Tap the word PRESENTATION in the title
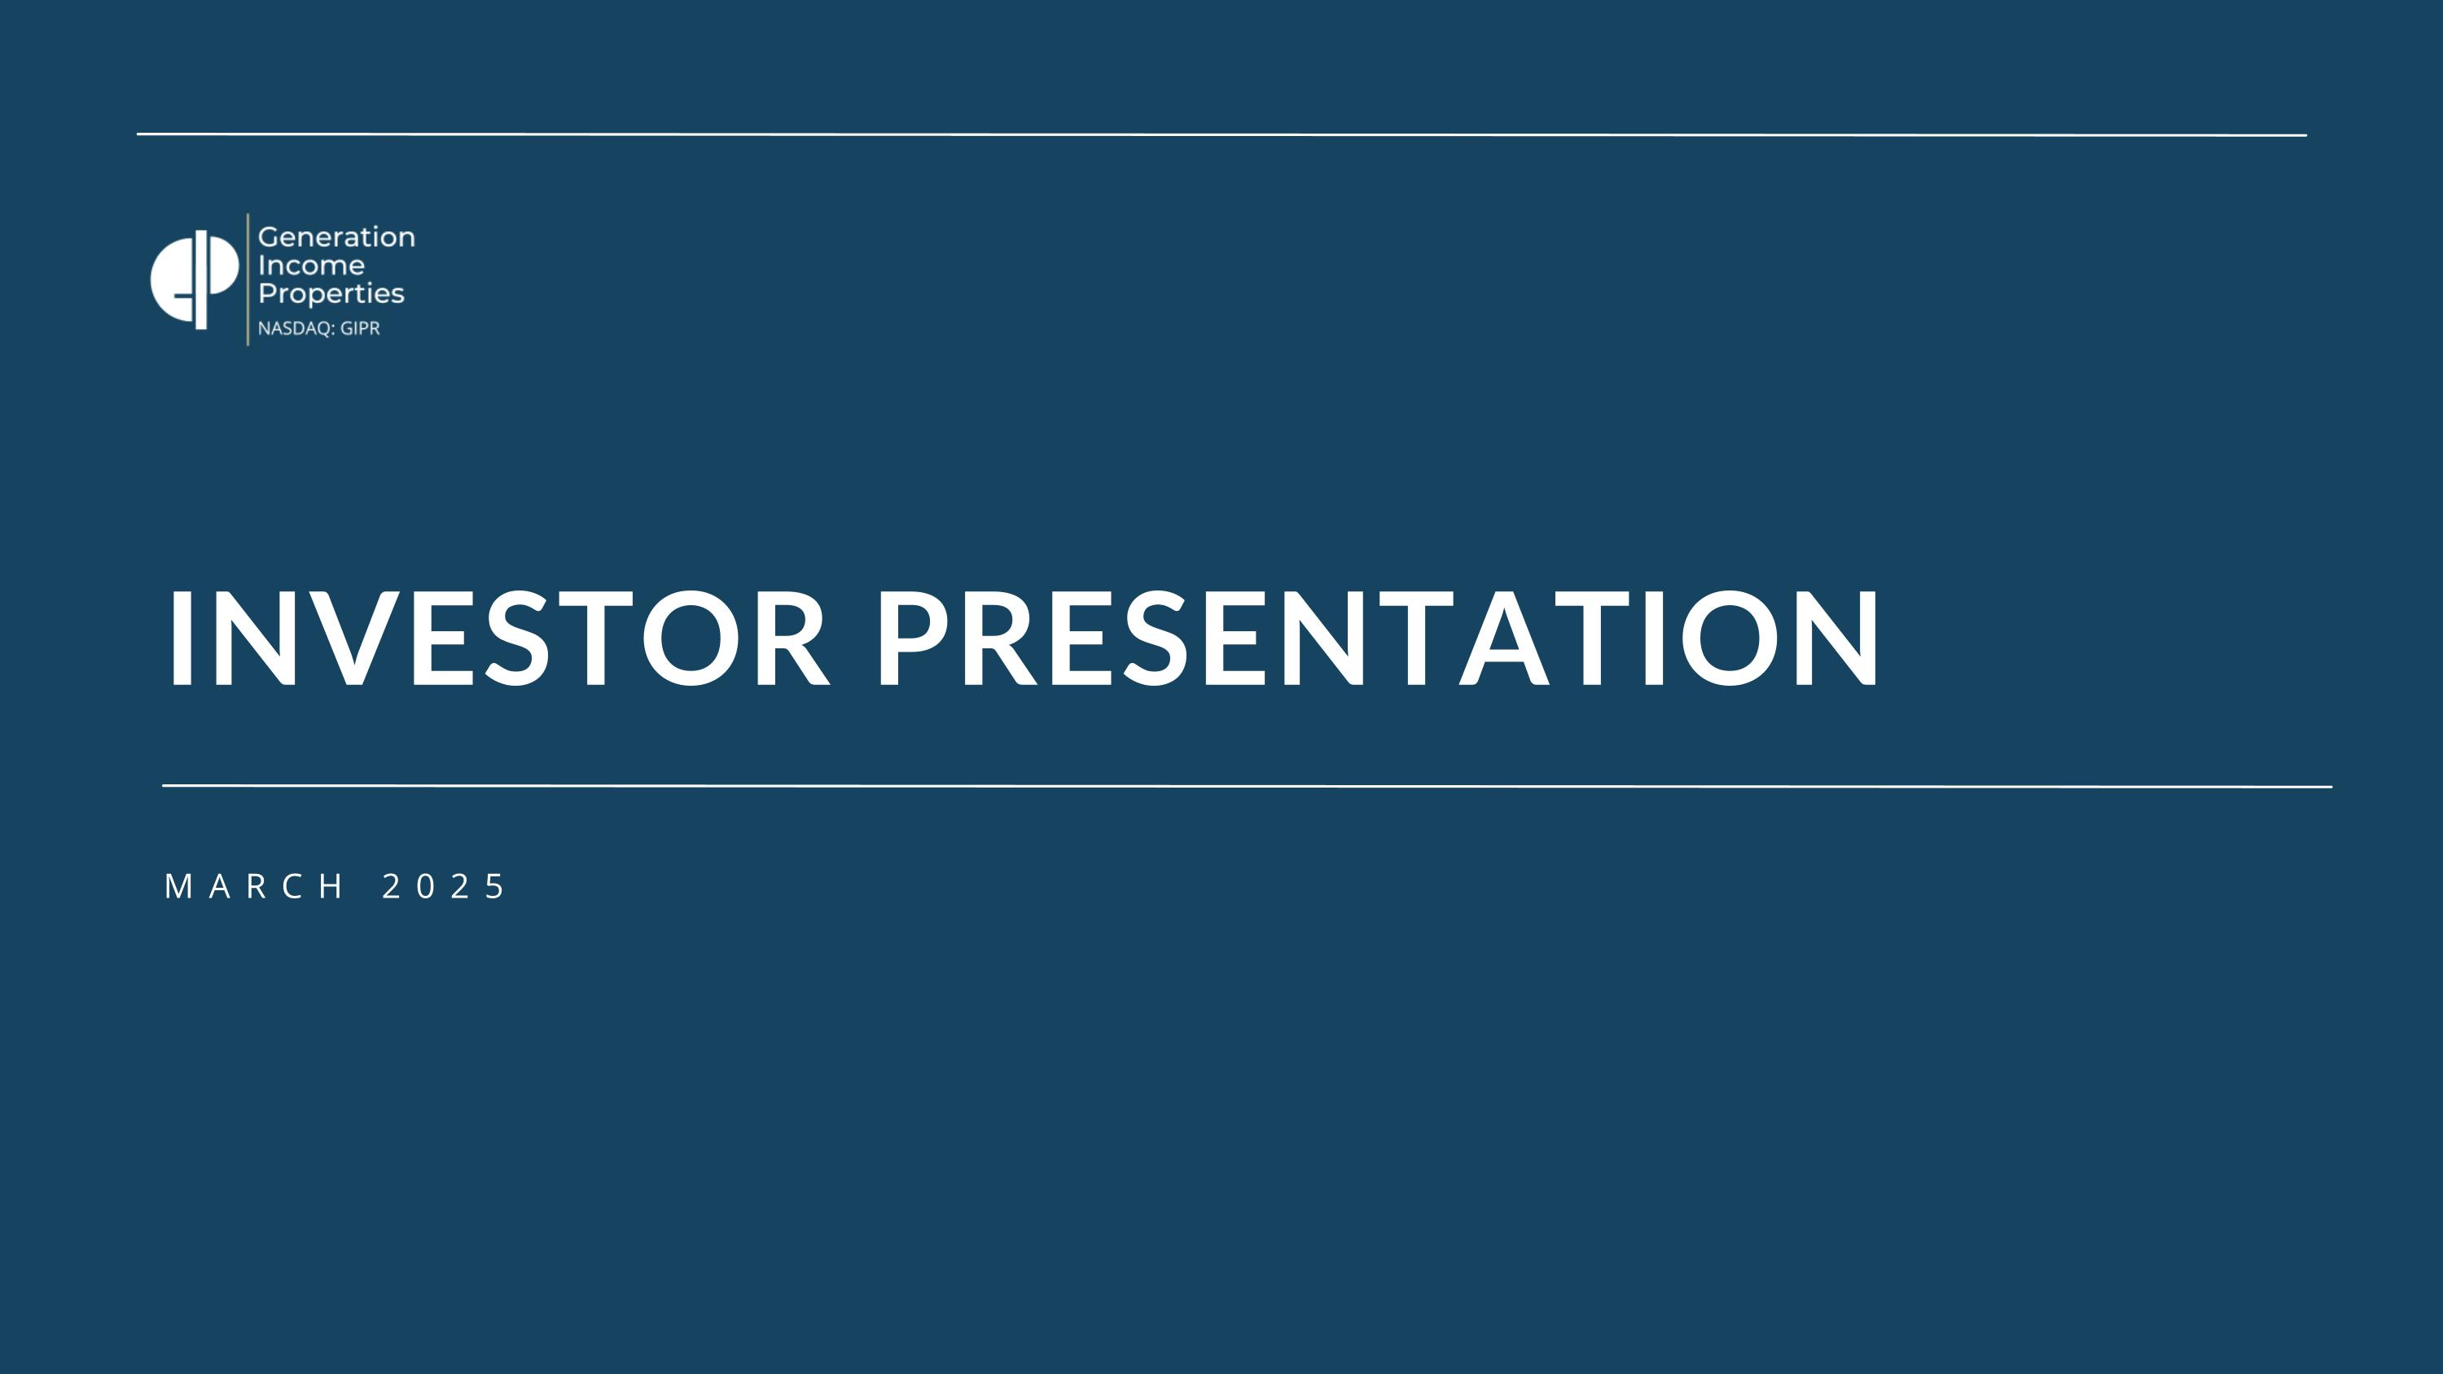pyautogui.click(x=1377, y=637)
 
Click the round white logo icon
pyautogui.click(x=195, y=279)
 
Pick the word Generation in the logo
pyautogui.click(x=336, y=237)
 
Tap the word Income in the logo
pyautogui.click(x=311, y=266)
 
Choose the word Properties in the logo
pyautogui.click(x=331, y=294)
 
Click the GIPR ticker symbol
pyautogui.click(x=361, y=329)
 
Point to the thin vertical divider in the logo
pyautogui.click(x=248, y=279)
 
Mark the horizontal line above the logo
pyautogui.click(x=1221, y=134)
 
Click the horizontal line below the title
pyautogui.click(x=1247, y=786)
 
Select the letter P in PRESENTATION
pyautogui.click(x=911, y=637)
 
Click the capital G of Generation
pyautogui.click(x=269, y=237)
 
